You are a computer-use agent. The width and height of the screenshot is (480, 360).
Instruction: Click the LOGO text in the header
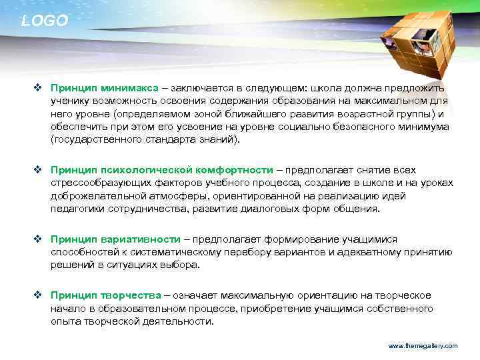coord(45,21)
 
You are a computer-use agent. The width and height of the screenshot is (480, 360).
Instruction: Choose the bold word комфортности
coord(235,170)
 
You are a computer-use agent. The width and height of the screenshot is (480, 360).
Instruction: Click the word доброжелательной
coord(97,196)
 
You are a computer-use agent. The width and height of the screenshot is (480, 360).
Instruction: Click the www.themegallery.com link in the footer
coord(423,346)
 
